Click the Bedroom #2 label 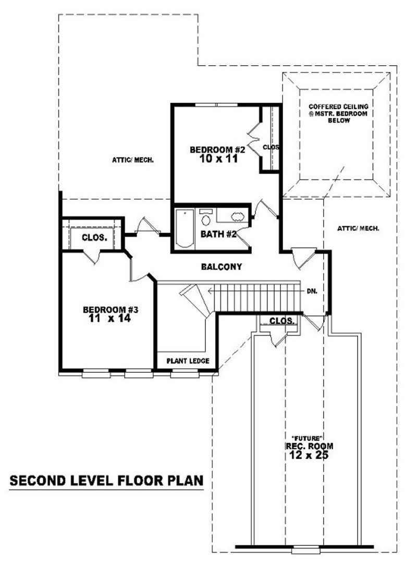coord(214,150)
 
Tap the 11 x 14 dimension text coord(106,318)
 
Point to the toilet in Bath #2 coord(206,217)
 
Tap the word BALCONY coord(222,267)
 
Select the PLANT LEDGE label coord(188,361)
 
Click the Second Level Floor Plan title coord(106,480)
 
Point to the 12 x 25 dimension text coord(309,455)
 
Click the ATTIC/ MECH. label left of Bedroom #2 coord(133,160)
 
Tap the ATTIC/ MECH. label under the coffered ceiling coord(358,228)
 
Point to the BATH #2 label coord(219,234)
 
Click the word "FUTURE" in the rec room coord(309,437)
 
